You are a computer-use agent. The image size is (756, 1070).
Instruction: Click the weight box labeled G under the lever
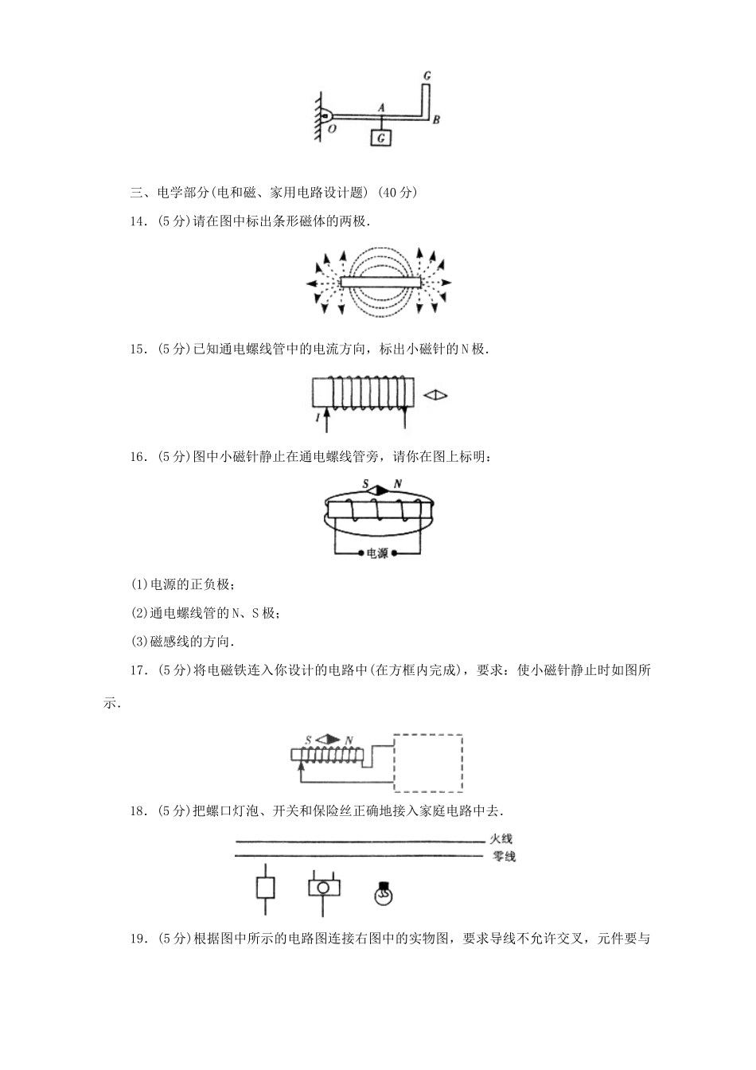(382, 139)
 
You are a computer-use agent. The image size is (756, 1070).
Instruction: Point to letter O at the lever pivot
(330, 127)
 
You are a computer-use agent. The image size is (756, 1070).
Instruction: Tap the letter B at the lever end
(436, 120)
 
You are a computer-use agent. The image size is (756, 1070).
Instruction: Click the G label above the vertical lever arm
(427, 76)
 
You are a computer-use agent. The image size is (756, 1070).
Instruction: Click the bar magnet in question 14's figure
(380, 282)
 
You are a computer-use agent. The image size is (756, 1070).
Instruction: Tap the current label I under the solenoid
(318, 417)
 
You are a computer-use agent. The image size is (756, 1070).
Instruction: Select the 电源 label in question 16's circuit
(377, 553)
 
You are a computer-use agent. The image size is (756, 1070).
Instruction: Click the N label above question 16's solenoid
(397, 484)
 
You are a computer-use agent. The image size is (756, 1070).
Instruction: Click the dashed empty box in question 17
(429, 763)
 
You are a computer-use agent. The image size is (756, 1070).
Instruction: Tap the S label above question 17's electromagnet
(308, 740)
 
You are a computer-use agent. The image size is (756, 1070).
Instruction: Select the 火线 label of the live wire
(501, 839)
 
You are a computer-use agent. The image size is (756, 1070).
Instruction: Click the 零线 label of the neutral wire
(503, 857)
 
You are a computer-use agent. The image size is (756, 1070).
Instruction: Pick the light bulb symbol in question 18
(384, 892)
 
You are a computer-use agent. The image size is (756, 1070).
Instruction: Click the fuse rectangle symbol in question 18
(266, 888)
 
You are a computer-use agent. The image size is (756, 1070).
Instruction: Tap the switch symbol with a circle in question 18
(324, 887)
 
